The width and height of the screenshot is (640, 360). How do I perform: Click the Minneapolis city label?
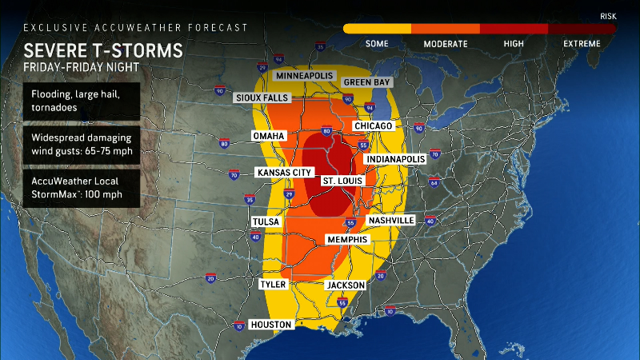[305, 75]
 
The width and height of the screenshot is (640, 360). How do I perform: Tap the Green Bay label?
[366, 82]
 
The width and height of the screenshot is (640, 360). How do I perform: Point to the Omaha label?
[269, 135]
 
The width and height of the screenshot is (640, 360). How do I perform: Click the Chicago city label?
[373, 126]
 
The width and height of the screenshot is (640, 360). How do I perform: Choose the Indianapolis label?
[395, 159]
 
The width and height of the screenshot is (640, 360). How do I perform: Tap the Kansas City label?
[283, 172]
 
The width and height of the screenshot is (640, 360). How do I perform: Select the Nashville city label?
[390, 220]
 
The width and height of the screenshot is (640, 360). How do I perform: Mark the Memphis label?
[347, 239]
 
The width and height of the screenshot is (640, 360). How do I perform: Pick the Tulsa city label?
[266, 222]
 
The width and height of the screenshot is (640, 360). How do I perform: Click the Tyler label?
[273, 284]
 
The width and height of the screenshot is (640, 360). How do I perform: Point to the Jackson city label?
[346, 285]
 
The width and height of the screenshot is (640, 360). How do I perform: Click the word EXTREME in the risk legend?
[582, 43]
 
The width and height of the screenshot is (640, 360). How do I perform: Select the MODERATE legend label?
[446, 43]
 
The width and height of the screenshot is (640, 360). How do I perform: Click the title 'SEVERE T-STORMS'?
[102, 51]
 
